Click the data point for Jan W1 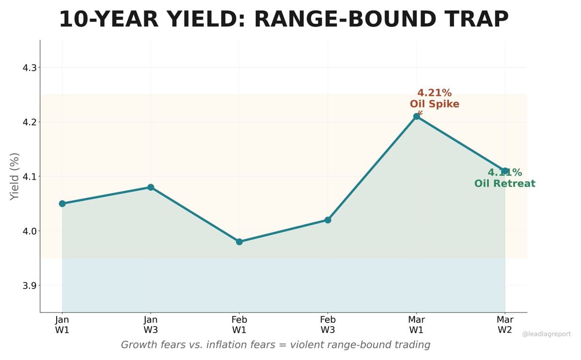pos(62,203)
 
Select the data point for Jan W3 pos(151,187)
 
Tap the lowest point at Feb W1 pos(239,241)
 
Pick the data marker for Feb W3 pos(328,220)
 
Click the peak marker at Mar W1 pos(416,116)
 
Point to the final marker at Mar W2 pos(505,171)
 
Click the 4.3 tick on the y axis pos(30,68)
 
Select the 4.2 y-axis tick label pos(30,122)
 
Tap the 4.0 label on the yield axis pos(30,231)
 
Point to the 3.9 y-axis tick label pos(30,285)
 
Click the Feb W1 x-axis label pos(239,325)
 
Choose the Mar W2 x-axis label pos(505,325)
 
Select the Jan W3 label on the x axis pos(151,325)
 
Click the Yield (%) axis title pos(15,176)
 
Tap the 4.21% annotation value pos(434,93)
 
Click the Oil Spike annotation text pos(434,104)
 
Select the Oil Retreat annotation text pos(505,184)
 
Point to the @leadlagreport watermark pos(547,334)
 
